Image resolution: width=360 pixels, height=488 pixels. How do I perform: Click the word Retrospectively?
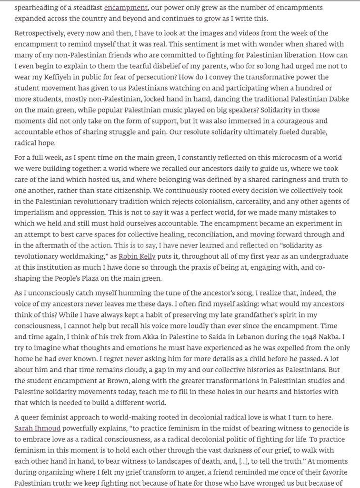[41, 33]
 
